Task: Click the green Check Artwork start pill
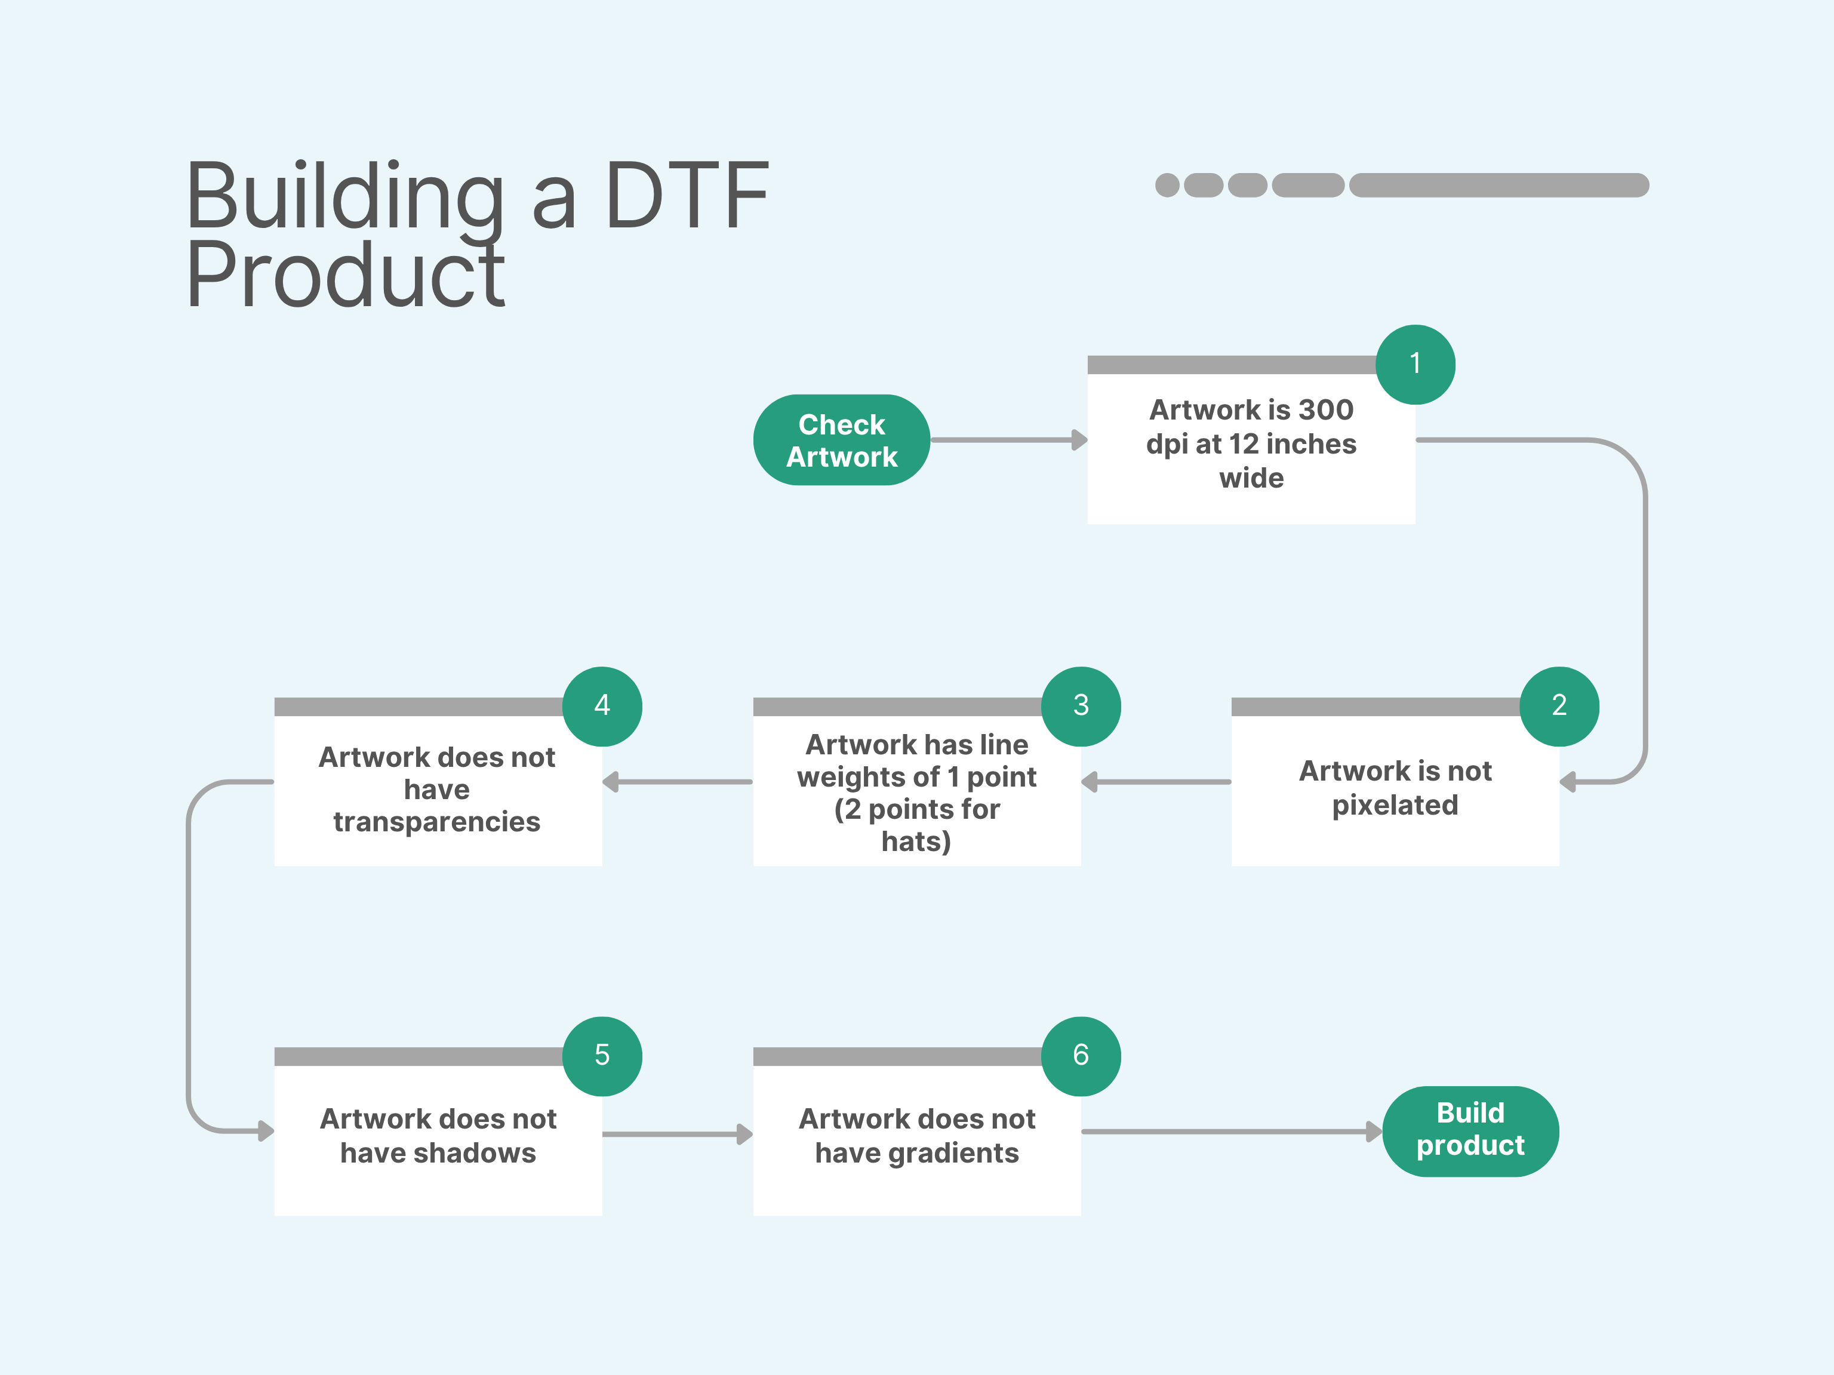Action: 842,440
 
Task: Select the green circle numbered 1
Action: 1415,365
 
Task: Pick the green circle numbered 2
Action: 1559,706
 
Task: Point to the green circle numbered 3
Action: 1081,706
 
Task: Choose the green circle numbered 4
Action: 602,706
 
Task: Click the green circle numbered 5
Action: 602,1056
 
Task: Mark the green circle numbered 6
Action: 1081,1056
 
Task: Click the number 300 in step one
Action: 1326,409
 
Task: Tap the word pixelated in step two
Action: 1395,805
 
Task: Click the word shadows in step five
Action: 487,1153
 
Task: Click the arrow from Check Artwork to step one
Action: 1009,440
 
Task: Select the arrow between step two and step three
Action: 1156,782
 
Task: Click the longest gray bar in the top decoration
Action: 1499,185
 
